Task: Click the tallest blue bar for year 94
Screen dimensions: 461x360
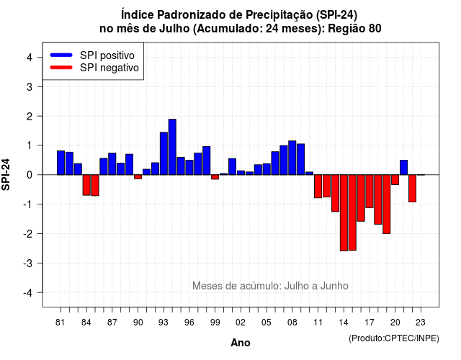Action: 172,147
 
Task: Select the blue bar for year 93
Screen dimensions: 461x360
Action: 164,153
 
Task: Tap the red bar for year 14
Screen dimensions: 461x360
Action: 344,213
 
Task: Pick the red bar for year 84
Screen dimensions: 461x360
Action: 86,185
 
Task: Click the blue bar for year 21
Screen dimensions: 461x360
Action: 403,168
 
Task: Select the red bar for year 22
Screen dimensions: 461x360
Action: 412,189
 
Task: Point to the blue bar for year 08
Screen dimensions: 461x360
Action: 292,158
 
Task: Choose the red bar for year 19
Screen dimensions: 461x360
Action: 387,204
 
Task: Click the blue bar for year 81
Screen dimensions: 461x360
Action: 61,163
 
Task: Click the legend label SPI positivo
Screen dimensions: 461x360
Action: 107,55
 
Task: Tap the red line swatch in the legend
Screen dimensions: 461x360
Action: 61,67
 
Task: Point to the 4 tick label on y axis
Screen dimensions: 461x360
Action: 30,57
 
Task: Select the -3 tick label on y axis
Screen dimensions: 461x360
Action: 27,263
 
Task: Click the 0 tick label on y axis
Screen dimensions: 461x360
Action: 30,175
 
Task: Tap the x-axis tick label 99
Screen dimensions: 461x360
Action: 215,323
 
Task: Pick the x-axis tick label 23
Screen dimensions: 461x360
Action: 421,323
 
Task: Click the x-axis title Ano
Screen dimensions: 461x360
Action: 241,343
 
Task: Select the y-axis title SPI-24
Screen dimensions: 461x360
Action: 6,174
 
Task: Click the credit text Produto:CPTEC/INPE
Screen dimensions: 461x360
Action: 394,338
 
